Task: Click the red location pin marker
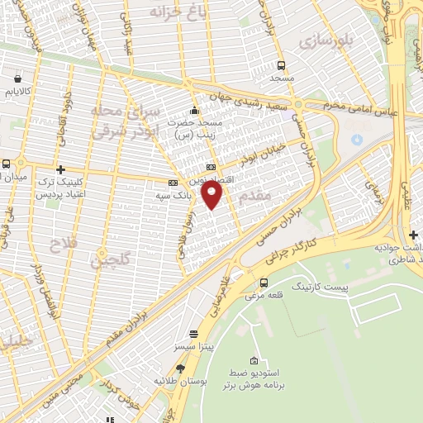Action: pyautogui.click(x=212, y=195)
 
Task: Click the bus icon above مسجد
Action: pyautogui.click(x=281, y=65)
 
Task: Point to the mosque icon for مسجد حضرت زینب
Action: pyautogui.click(x=194, y=112)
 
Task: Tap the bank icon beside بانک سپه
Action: pyautogui.click(x=173, y=183)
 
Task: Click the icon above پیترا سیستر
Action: pyautogui.click(x=193, y=335)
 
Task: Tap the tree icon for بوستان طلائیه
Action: pyautogui.click(x=180, y=368)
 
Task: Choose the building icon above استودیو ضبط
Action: pyautogui.click(x=254, y=361)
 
